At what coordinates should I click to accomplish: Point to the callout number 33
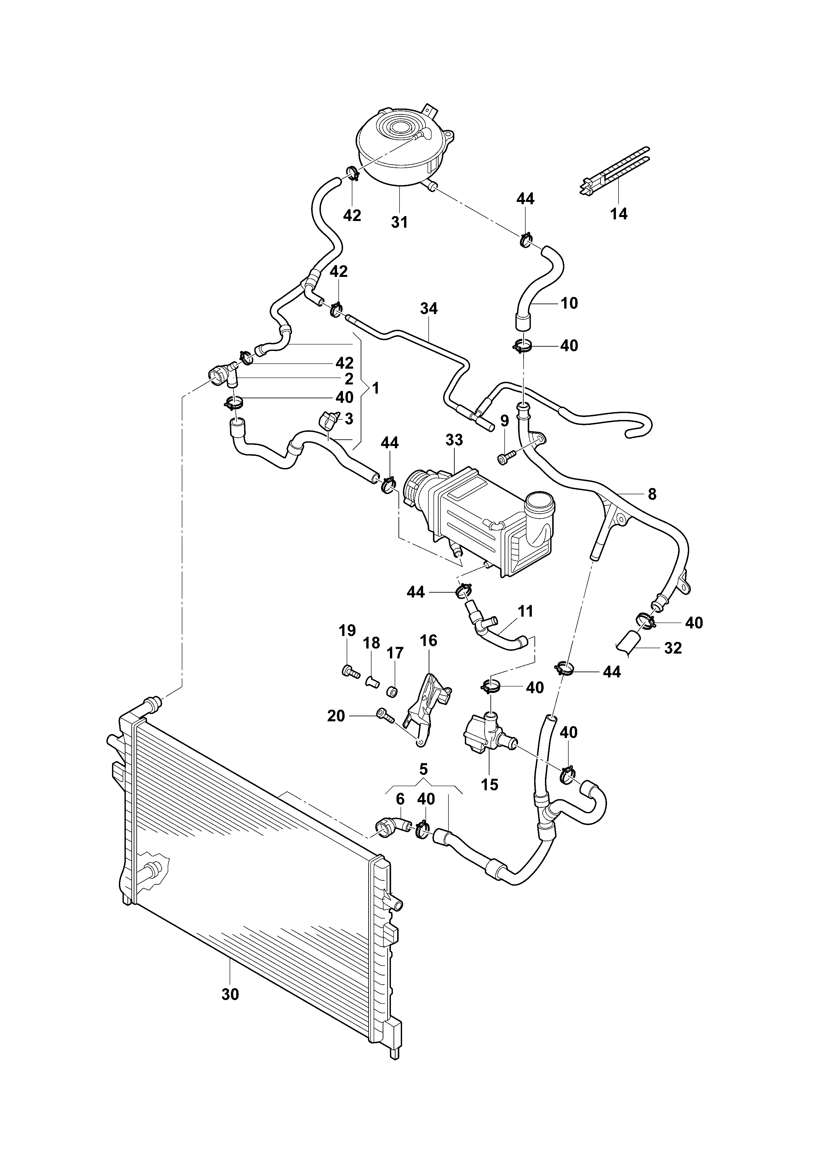pos(454,440)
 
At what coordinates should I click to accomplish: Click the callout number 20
pos(336,716)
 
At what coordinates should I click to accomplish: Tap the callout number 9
pos(504,420)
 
